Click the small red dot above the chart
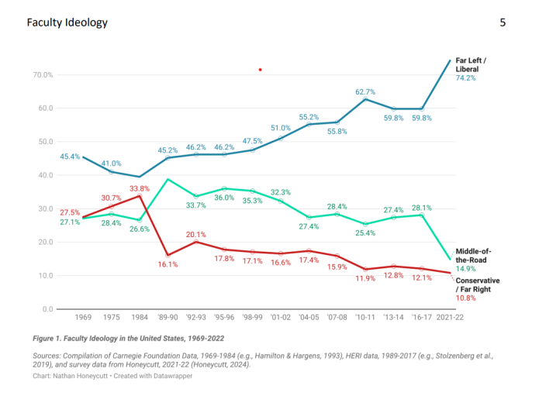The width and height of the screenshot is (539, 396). click(x=261, y=70)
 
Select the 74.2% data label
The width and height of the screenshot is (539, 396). click(x=466, y=78)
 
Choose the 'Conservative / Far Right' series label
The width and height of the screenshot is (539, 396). click(x=477, y=284)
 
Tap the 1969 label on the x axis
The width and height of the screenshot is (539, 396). click(x=82, y=319)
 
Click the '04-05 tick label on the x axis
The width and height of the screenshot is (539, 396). click(x=309, y=319)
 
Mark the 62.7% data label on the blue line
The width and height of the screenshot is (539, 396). click(x=365, y=91)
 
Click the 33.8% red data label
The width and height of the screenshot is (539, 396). click(x=139, y=188)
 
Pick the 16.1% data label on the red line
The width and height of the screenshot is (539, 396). click(x=168, y=264)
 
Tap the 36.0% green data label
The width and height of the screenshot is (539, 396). click(x=224, y=198)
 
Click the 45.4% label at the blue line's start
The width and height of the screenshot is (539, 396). click(x=71, y=157)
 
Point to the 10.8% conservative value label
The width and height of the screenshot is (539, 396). click(x=466, y=298)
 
